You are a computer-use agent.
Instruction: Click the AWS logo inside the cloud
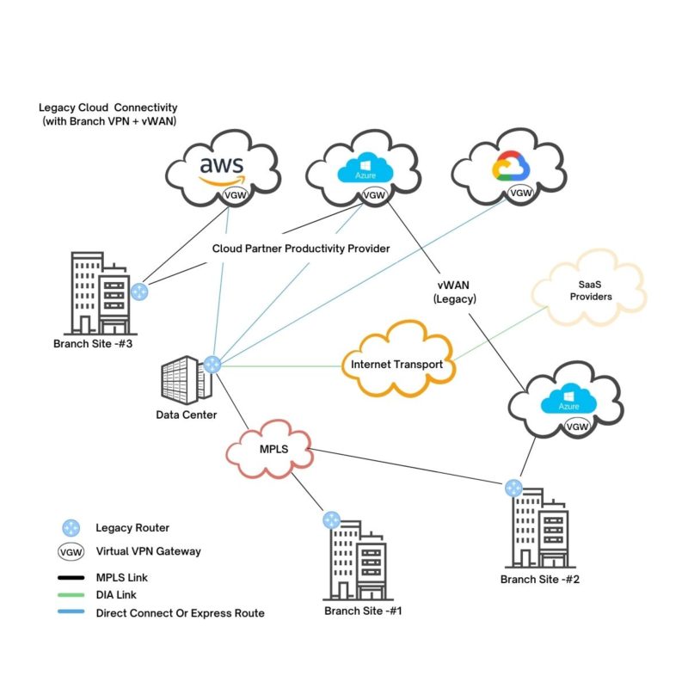click(x=224, y=169)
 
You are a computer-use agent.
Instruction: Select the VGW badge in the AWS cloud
click(x=235, y=195)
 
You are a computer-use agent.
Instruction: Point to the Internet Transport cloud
click(x=396, y=364)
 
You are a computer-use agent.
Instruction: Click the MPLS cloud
click(x=272, y=449)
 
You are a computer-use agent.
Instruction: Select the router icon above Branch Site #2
click(x=513, y=488)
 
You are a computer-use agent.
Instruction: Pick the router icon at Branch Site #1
click(x=331, y=520)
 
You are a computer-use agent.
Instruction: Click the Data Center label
click(x=186, y=415)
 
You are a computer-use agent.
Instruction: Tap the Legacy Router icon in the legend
click(x=71, y=527)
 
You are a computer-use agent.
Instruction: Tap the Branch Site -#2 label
click(x=540, y=579)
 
